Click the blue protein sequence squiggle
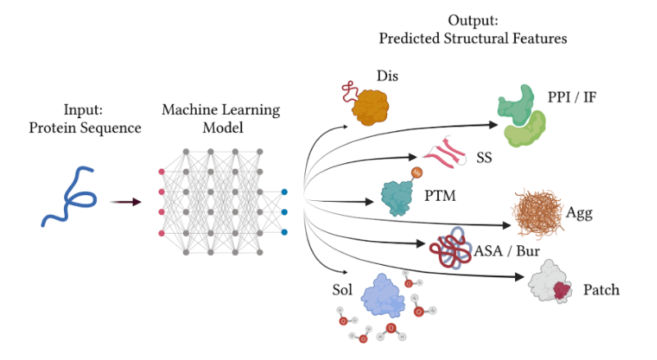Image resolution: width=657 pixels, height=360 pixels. click(x=70, y=200)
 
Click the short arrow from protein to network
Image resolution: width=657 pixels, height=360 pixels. click(x=125, y=200)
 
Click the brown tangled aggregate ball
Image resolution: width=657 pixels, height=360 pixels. click(x=539, y=212)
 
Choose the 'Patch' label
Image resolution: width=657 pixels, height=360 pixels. click(x=600, y=290)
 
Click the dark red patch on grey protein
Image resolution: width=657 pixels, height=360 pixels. click(x=563, y=291)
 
